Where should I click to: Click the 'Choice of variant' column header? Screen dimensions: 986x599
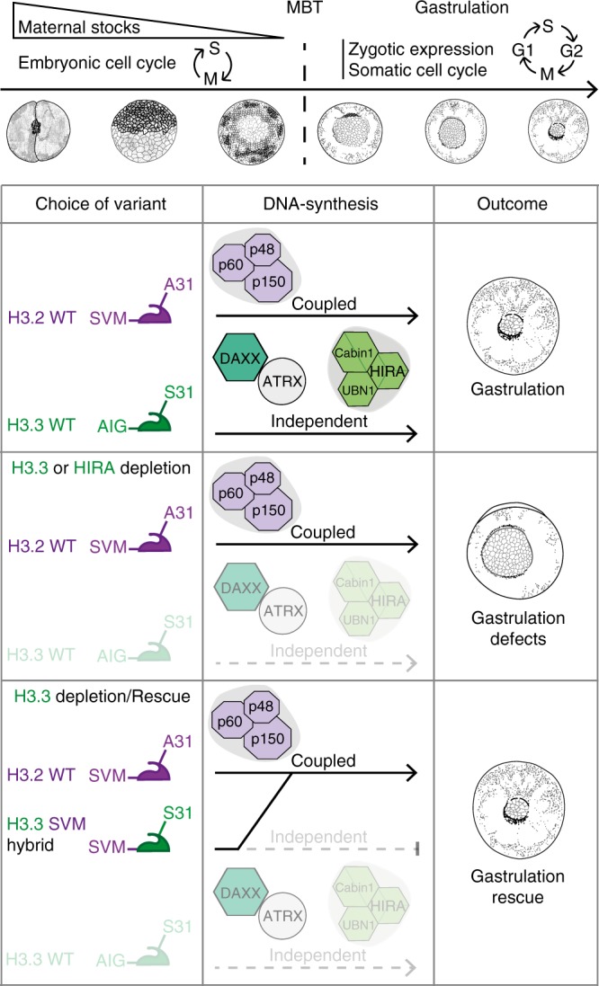(x=102, y=203)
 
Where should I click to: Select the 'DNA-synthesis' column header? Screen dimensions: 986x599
(x=318, y=203)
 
